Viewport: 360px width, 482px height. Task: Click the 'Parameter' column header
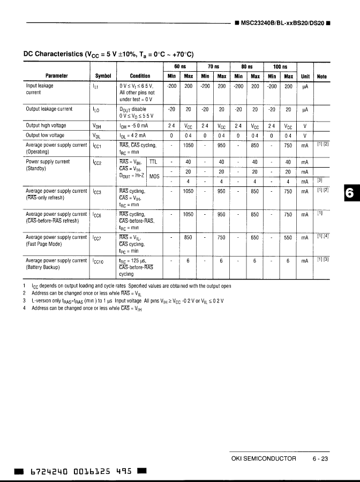tap(56, 76)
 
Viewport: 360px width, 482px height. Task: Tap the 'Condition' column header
tap(140, 76)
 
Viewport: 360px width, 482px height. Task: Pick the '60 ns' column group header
tap(180, 66)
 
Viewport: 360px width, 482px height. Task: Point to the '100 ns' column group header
tap(280, 66)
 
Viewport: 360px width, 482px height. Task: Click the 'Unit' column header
tap(305, 76)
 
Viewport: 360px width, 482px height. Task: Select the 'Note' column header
tap(322, 76)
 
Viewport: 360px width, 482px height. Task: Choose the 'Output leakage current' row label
tap(49, 109)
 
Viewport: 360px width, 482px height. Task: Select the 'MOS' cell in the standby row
tap(154, 176)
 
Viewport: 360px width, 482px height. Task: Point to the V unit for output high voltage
tap(305, 126)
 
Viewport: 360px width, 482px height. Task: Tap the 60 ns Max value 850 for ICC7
tap(188, 237)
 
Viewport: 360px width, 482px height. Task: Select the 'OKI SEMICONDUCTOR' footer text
tap(263, 458)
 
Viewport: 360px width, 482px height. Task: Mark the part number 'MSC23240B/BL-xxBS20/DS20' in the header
tap(282, 24)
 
